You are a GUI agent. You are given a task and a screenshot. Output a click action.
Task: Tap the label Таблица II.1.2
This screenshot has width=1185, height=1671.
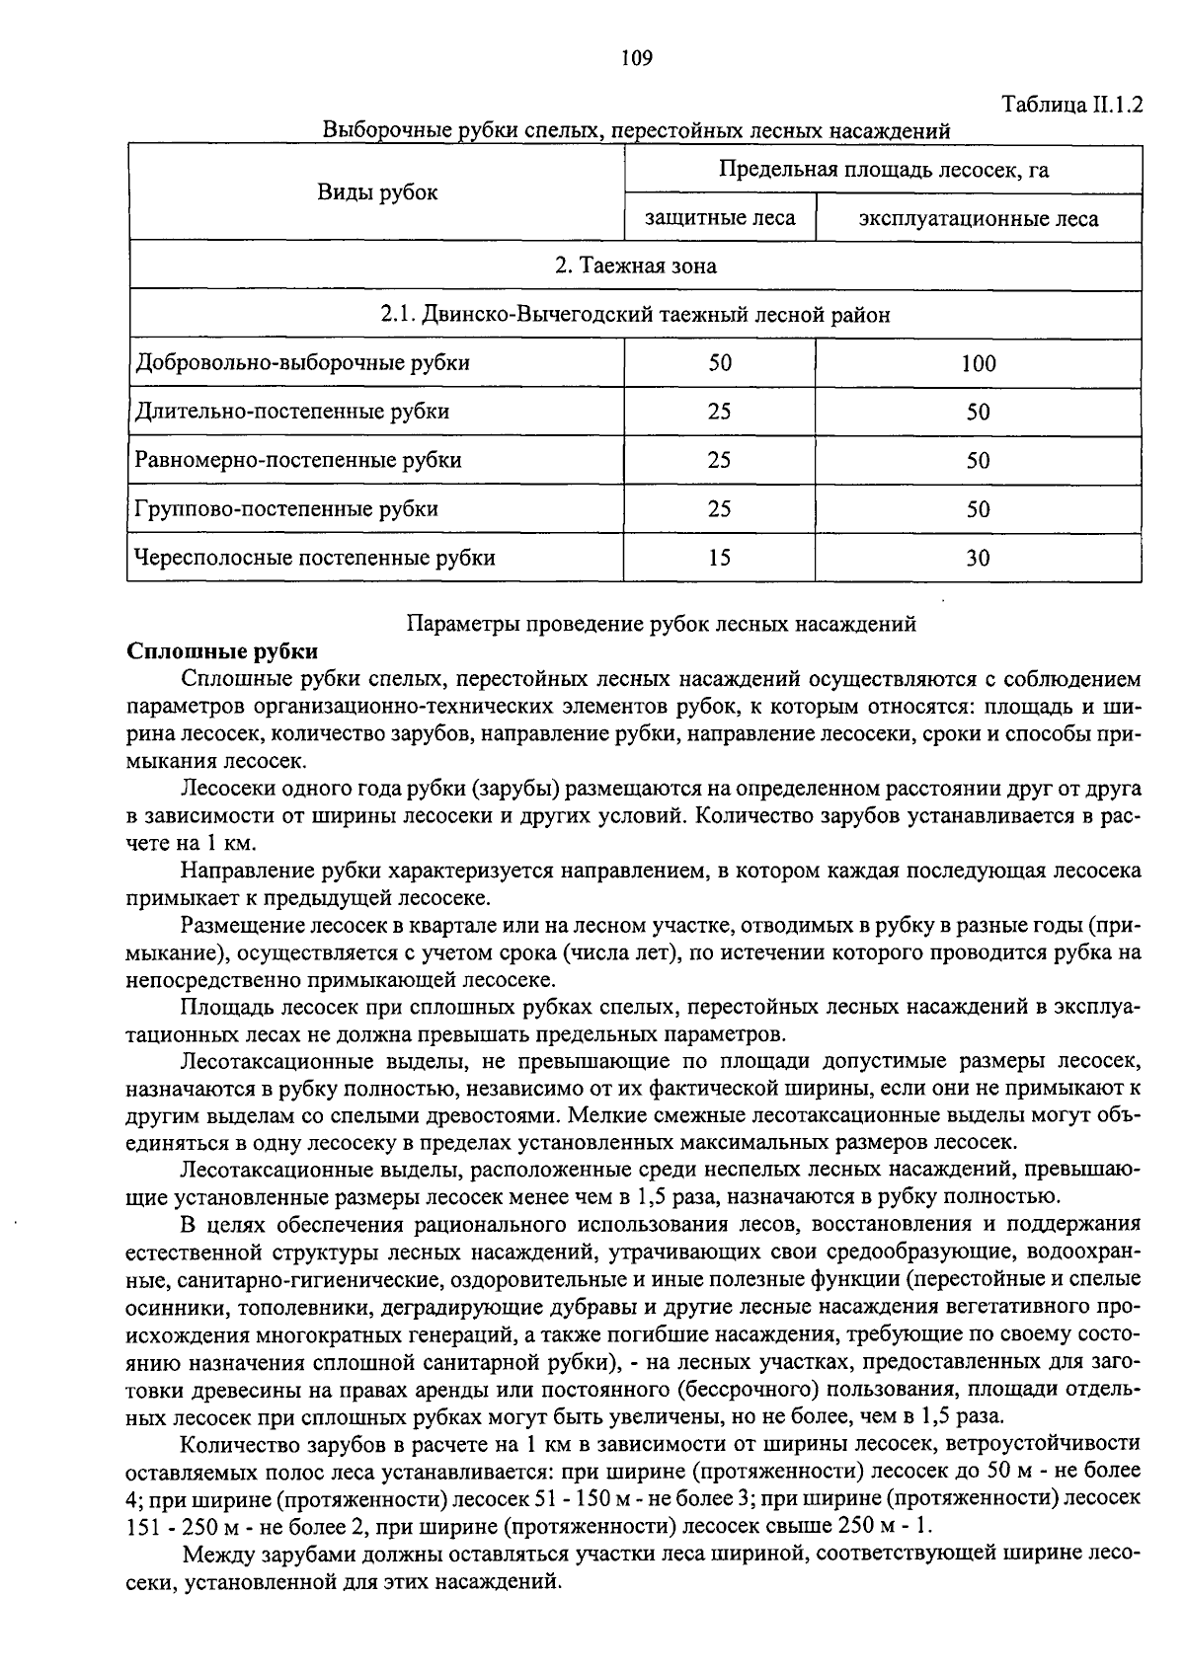point(1071,105)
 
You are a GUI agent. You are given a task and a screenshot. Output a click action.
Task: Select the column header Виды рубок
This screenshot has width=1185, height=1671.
point(376,192)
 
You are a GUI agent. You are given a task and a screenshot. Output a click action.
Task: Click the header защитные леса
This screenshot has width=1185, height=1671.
point(720,218)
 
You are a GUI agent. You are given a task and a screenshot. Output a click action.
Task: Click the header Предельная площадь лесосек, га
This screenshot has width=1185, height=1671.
point(883,170)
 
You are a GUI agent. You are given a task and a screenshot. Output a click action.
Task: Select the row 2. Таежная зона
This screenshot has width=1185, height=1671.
point(635,266)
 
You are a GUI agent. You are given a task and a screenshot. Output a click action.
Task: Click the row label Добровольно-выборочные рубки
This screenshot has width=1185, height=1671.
point(302,362)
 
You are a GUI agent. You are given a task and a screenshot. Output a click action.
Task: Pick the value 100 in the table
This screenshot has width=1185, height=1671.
point(978,363)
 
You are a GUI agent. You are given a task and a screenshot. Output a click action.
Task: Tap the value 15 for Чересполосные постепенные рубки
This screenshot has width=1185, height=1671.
point(719,558)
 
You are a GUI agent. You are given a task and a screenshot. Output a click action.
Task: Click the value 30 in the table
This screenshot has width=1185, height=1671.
point(978,559)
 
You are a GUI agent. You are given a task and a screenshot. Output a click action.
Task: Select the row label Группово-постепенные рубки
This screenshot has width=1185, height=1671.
point(286,509)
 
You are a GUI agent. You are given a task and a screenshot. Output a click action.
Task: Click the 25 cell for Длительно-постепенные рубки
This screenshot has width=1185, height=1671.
point(719,412)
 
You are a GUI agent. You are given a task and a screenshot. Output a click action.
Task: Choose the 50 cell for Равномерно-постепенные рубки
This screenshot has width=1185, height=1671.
point(978,461)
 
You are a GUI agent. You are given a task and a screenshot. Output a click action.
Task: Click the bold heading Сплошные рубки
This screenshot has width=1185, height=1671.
point(223,651)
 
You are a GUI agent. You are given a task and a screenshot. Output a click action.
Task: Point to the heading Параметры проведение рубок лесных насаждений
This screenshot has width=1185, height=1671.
point(662,624)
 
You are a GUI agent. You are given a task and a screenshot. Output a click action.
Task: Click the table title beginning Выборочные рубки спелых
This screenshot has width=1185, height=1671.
point(636,130)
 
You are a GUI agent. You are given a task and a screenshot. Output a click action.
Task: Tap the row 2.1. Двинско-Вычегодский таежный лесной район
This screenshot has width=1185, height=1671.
point(635,315)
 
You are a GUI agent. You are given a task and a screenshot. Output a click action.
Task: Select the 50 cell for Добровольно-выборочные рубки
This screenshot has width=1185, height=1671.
point(719,363)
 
